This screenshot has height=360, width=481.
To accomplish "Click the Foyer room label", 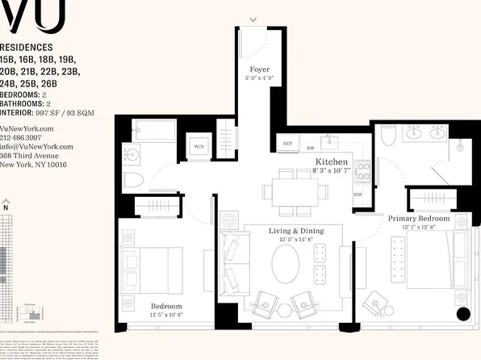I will click(259, 69).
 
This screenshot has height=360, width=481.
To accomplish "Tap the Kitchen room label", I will click(331, 162).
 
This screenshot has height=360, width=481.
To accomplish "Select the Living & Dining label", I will click(295, 231).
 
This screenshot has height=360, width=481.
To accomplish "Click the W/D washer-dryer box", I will click(199, 146).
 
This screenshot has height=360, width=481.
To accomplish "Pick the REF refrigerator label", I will click(287, 144).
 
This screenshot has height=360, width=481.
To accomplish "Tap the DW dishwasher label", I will click(311, 149).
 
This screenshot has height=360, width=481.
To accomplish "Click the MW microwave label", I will click(358, 194).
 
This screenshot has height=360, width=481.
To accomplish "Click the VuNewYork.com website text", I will click(27, 128).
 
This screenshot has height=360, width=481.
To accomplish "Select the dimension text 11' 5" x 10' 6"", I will click(166, 315).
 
